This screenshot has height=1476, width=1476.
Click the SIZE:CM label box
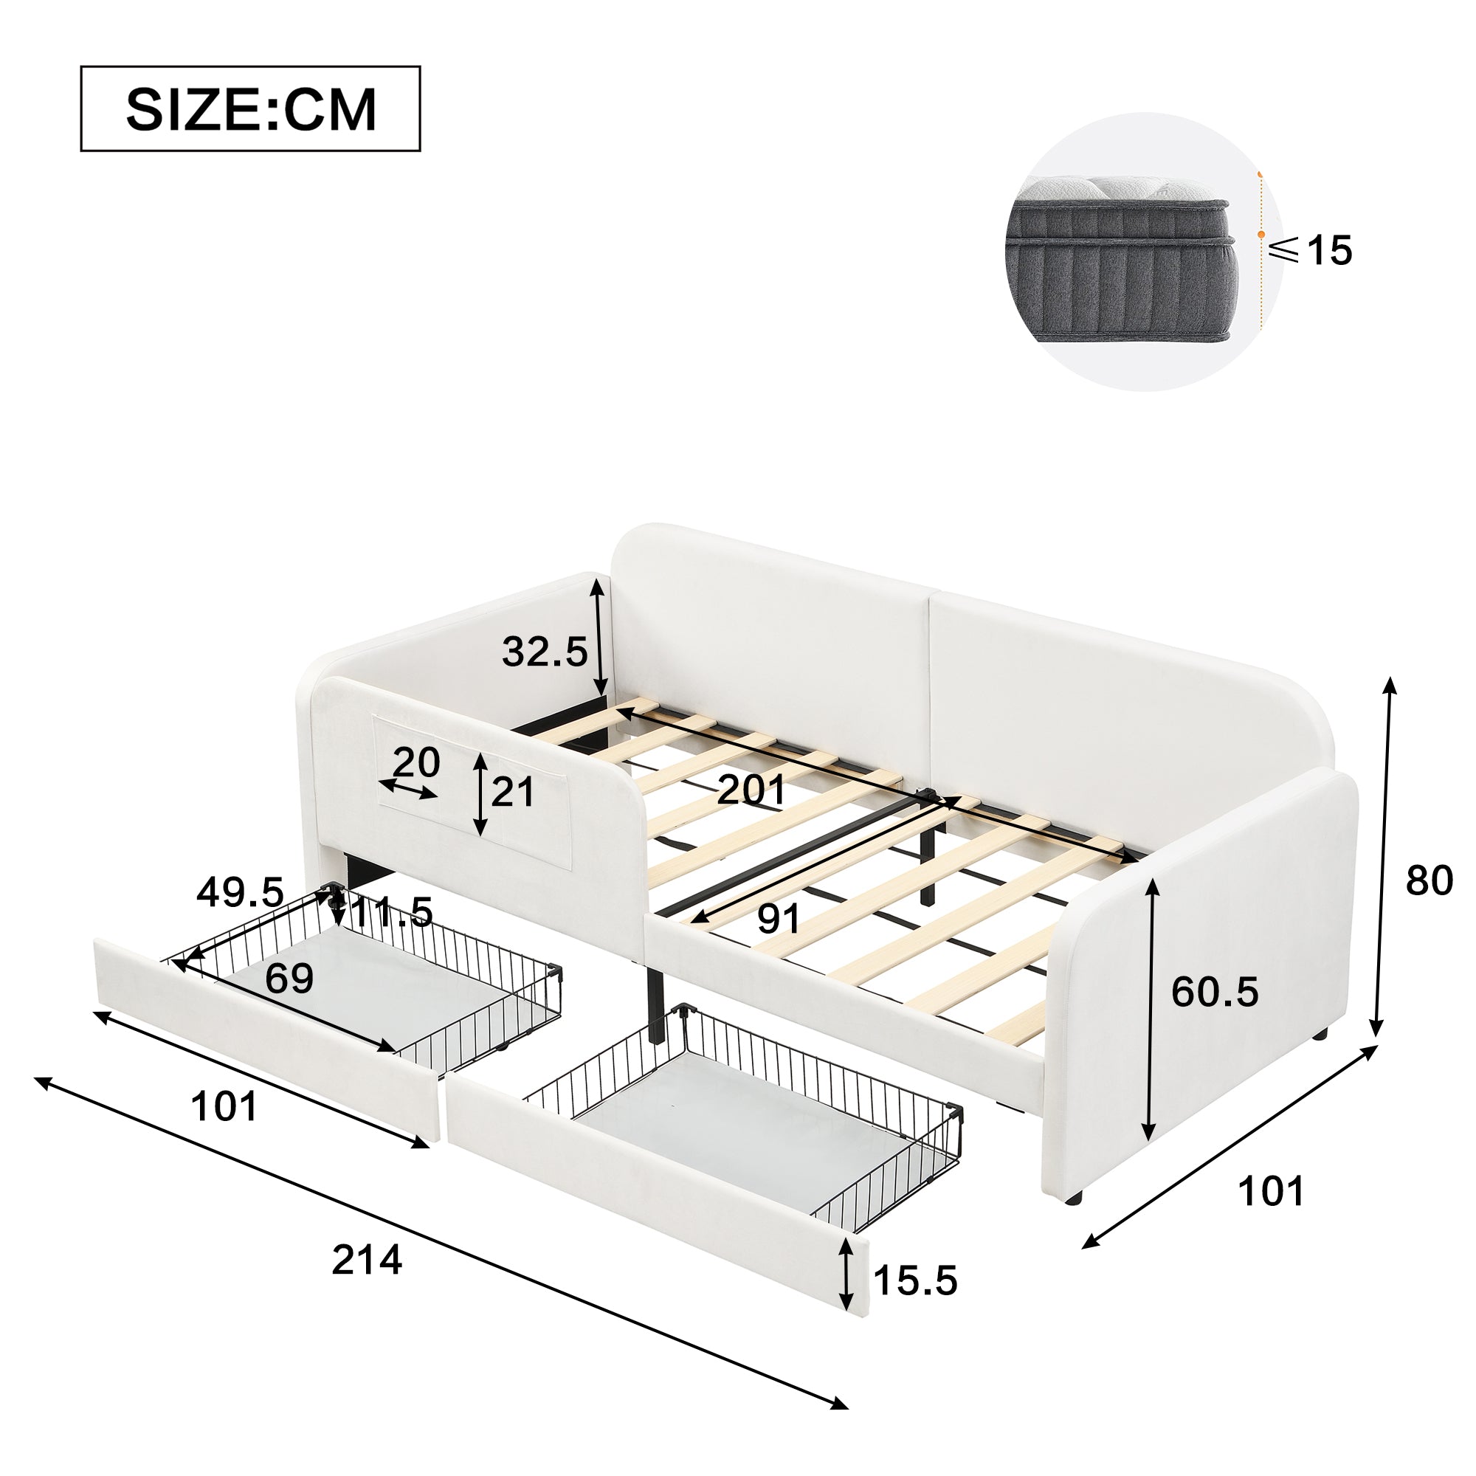point(251,108)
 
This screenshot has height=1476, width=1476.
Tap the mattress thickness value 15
point(1329,251)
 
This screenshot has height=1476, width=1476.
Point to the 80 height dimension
point(1430,881)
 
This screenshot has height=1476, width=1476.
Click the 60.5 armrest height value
point(1215,993)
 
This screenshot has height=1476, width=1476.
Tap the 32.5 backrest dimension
point(545,652)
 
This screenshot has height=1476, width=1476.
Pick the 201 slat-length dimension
point(751,789)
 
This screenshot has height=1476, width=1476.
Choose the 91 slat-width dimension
point(779,918)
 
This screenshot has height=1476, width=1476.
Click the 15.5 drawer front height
point(915,1281)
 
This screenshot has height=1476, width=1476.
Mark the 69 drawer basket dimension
point(289,979)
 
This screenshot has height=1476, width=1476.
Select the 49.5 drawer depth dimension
point(240,892)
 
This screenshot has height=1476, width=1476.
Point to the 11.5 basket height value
point(392,912)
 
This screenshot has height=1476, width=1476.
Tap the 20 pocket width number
point(416,762)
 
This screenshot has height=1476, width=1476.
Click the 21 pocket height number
point(512,792)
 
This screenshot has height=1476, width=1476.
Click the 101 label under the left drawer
point(224,1106)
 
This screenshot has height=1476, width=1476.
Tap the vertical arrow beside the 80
point(1384,855)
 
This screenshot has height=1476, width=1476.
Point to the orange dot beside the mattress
point(1261,235)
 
